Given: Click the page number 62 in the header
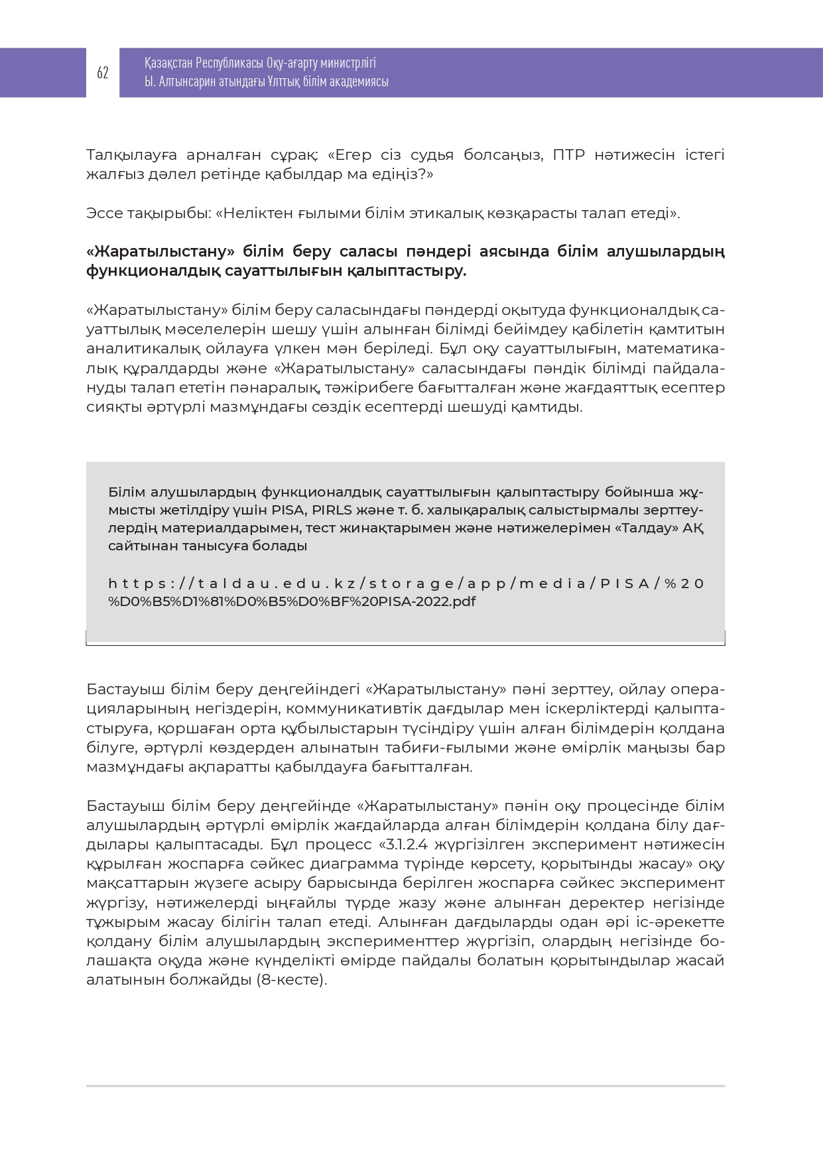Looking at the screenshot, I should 102,73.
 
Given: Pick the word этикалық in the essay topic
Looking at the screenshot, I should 451,214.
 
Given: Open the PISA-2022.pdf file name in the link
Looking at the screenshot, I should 433,602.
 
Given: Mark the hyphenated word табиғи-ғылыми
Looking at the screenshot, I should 456,748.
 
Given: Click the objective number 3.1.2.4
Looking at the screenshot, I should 403,845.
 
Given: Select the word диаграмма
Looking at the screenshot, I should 359,864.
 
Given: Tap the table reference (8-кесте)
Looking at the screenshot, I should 291,980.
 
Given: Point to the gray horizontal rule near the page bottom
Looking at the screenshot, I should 405,1086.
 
